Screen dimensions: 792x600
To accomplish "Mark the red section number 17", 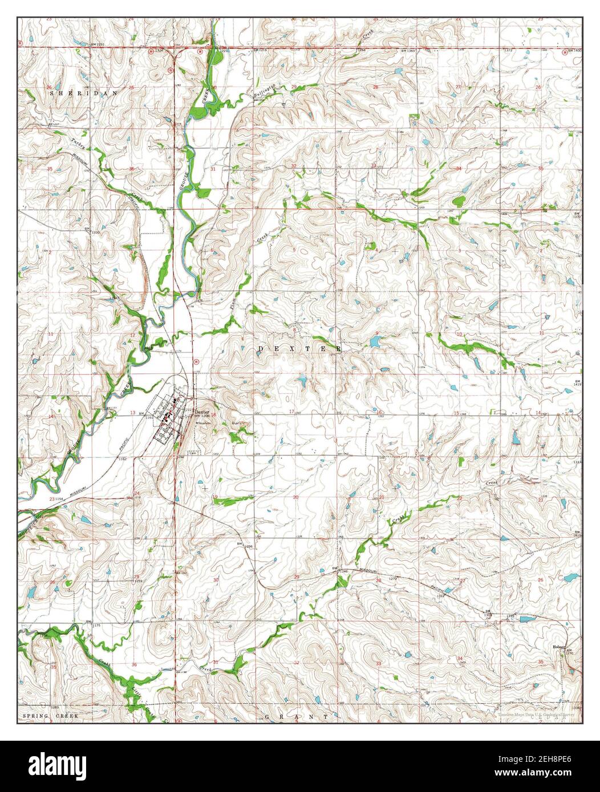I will (291, 411).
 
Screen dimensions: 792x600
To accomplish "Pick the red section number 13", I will (132, 412).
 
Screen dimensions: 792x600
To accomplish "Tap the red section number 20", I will (295, 497).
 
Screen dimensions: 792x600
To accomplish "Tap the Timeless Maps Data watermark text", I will (536, 714).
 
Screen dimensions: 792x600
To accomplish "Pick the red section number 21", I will (381, 497).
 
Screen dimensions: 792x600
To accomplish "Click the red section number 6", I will (212, 250).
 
